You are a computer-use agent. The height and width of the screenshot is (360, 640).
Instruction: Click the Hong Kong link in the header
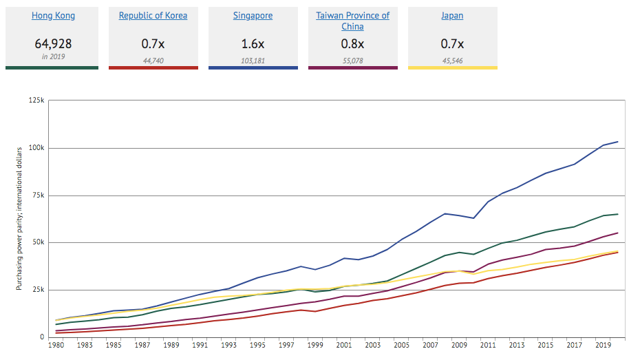[53, 15]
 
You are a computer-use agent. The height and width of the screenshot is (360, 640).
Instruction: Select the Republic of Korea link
[153, 15]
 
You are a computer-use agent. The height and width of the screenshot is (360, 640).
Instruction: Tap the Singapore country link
[253, 15]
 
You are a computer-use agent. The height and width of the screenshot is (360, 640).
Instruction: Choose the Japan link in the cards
[452, 15]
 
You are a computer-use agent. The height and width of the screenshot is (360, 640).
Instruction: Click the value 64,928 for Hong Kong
[53, 44]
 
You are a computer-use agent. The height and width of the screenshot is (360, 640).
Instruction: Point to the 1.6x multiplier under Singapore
[253, 44]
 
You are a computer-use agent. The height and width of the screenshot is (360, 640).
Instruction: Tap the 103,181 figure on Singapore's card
[253, 61]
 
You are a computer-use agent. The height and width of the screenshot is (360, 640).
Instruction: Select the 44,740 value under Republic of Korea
[153, 61]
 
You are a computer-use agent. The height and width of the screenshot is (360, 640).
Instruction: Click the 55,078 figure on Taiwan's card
[352, 61]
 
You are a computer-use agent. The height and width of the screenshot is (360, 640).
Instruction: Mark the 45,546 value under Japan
[452, 61]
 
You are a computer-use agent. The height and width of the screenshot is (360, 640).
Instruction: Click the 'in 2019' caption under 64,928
[53, 56]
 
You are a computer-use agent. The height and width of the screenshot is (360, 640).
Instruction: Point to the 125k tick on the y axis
[35, 100]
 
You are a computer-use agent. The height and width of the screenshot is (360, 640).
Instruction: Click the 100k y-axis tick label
[35, 148]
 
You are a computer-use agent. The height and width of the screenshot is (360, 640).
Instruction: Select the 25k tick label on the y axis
[37, 290]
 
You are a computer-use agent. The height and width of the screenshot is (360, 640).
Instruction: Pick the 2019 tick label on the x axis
[603, 346]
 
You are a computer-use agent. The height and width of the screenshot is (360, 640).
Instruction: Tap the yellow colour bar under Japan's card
[452, 67]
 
